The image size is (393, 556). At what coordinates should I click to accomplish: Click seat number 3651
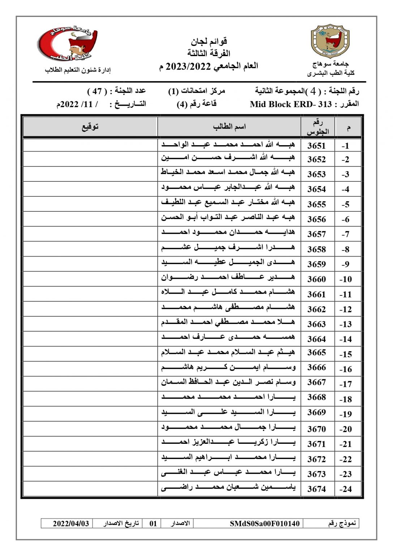click(x=316, y=146)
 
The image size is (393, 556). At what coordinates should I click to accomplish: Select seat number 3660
click(x=316, y=279)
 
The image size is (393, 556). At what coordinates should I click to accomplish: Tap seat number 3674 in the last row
click(x=316, y=489)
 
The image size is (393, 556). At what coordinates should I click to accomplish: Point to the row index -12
click(x=345, y=309)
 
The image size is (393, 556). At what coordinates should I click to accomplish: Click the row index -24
click(x=345, y=489)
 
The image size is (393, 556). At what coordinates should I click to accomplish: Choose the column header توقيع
click(x=90, y=127)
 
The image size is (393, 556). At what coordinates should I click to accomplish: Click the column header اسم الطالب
click(x=229, y=127)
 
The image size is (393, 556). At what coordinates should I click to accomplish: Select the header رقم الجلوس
click(x=318, y=127)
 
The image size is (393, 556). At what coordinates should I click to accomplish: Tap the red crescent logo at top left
click(x=68, y=43)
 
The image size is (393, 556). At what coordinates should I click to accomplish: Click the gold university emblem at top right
click(x=330, y=41)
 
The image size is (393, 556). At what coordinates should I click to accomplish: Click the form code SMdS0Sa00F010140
click(x=265, y=523)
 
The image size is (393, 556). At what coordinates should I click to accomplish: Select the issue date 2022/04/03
click(x=71, y=523)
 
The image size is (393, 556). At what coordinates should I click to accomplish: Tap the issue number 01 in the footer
click(x=153, y=523)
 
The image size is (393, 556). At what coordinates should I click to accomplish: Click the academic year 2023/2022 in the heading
click(x=188, y=66)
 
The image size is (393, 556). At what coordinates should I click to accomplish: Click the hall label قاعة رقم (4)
click(x=196, y=104)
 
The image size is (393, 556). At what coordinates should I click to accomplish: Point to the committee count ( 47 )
click(x=97, y=91)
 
